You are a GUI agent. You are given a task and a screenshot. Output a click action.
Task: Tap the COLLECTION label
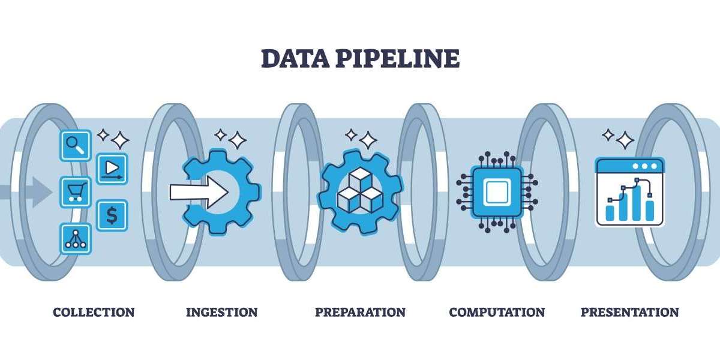coord(94,312)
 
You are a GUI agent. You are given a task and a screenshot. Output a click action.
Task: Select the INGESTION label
coord(221,312)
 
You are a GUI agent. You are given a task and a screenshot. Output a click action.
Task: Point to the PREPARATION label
coord(360,312)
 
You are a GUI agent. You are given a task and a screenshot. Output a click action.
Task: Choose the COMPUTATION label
coord(497,312)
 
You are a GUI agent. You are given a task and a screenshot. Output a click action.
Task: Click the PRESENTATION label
coord(629,312)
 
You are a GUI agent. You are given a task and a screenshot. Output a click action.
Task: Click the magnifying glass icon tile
coord(76,145)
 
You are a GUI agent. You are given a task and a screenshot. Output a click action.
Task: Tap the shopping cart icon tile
coord(76,192)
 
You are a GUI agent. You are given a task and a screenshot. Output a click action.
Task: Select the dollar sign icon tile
coord(112,215)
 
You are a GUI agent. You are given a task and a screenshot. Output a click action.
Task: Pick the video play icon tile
coord(112,169)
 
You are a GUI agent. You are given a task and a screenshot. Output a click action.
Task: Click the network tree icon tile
coord(76,238)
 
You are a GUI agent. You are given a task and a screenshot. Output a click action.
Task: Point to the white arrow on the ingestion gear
coord(199,192)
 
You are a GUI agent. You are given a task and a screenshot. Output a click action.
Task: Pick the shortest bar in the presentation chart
coord(610,212)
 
